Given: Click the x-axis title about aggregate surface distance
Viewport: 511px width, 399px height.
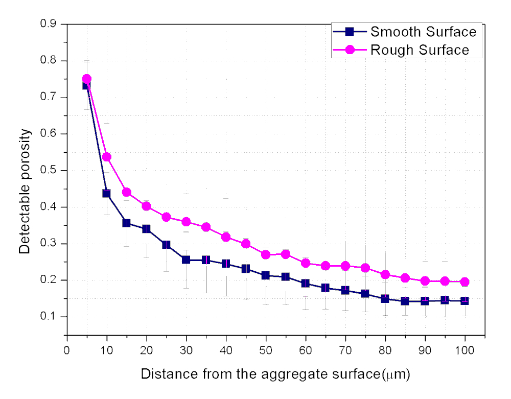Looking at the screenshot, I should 275,374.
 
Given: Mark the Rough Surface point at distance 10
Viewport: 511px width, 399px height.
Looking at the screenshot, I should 106,157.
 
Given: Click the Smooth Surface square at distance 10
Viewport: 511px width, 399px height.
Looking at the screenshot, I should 106,193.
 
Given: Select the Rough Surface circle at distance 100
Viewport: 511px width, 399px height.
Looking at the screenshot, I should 464,281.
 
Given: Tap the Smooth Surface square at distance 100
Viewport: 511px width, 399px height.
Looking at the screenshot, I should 464,301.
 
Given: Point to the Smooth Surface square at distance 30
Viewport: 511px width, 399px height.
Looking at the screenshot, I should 186,260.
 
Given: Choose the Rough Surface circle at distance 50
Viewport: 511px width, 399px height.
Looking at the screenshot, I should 266,254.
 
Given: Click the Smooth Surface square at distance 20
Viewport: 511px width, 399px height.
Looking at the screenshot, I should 146,229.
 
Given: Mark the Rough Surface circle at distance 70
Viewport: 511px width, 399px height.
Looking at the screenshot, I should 345,266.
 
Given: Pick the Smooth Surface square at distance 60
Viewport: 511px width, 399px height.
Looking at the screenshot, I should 305,284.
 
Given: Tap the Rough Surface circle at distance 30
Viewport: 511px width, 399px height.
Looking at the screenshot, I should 186,222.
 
